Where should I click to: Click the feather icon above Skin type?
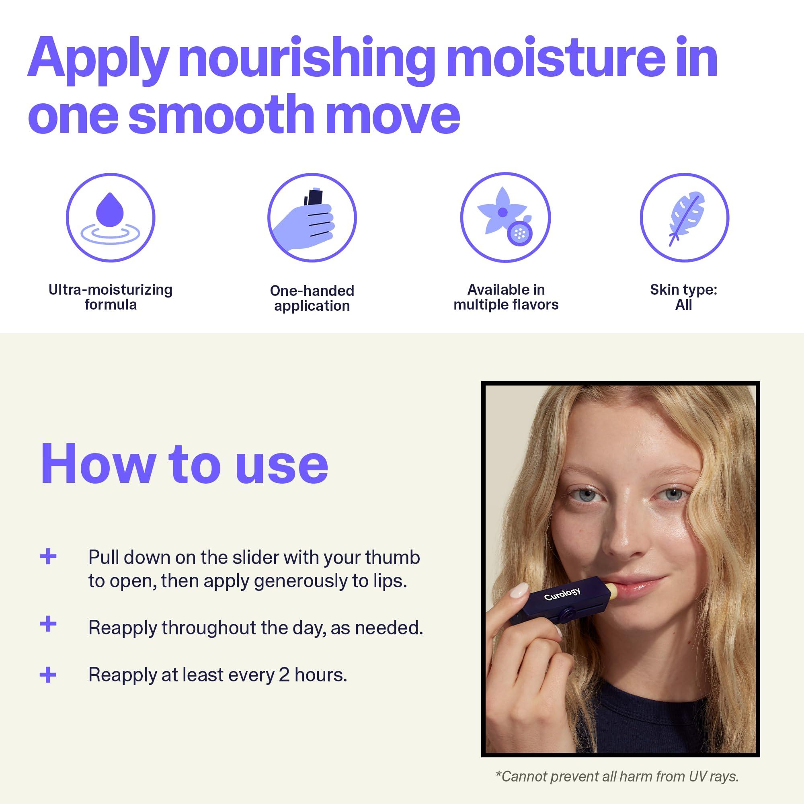tap(684, 217)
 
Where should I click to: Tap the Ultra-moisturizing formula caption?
tap(110, 297)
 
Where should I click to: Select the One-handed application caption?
tap(312, 298)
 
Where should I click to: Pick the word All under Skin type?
tap(683, 305)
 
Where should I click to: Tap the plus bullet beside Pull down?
tap(48, 556)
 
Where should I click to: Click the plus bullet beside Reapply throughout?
tap(48, 624)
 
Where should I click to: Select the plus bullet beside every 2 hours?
tap(48, 675)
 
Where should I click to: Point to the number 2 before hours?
tap(284, 675)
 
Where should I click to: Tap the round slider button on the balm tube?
tap(566, 613)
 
